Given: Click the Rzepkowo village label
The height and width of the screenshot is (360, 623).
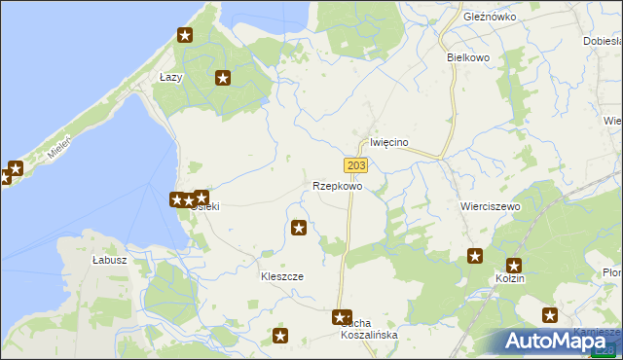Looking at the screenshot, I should (x=338, y=185).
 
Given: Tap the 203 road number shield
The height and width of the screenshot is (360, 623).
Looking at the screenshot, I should (x=355, y=166).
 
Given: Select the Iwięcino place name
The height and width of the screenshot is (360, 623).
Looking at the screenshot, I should (x=389, y=142).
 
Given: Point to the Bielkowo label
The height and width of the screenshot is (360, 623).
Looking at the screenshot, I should (x=467, y=57).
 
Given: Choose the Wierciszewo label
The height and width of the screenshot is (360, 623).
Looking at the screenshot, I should (x=490, y=207).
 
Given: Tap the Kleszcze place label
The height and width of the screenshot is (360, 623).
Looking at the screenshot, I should (x=281, y=276).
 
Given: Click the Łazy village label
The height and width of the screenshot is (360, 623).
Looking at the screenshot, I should (x=171, y=77).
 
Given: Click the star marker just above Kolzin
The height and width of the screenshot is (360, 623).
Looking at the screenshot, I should (x=514, y=265).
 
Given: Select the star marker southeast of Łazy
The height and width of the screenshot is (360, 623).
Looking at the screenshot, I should (x=223, y=78).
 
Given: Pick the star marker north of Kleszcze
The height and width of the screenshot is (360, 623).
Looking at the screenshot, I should (x=299, y=229).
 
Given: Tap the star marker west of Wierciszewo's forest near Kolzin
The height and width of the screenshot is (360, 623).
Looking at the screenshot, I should (x=475, y=256).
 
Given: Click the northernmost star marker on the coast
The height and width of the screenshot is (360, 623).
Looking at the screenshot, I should (x=185, y=36).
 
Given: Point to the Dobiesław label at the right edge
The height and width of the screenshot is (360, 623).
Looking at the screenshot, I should (x=603, y=41).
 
